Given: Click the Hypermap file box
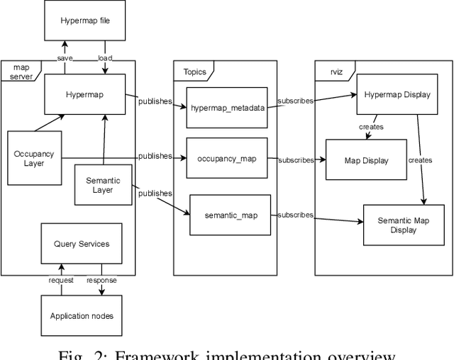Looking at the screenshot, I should click(x=85, y=21).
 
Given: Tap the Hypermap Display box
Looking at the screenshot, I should click(x=397, y=95).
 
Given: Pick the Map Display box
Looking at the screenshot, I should click(x=366, y=160).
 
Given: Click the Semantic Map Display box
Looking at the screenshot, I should click(x=403, y=225).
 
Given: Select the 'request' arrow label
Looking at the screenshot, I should click(x=62, y=280).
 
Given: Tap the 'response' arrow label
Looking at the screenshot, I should click(x=101, y=280).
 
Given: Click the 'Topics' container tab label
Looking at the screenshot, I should click(x=195, y=72).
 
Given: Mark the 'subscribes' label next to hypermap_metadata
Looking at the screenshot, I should click(x=296, y=101).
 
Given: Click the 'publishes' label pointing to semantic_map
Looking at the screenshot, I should click(x=155, y=193).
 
